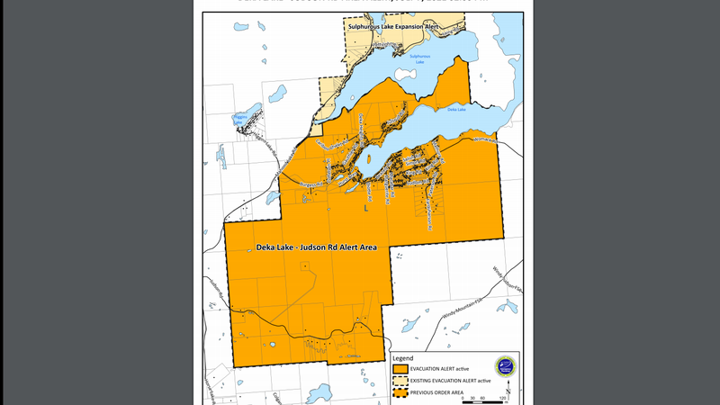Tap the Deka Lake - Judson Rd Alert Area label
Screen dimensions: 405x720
pyautogui.click(x=316, y=247)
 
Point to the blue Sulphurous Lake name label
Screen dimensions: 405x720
pyautogui.click(x=420, y=58)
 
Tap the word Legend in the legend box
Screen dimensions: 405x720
pyautogui.click(x=404, y=357)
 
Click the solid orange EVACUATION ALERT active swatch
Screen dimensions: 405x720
pyautogui.click(x=400, y=369)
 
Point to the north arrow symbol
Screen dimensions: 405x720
pyautogui.click(x=509, y=389)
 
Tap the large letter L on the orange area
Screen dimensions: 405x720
pyautogui.click(x=365, y=208)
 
